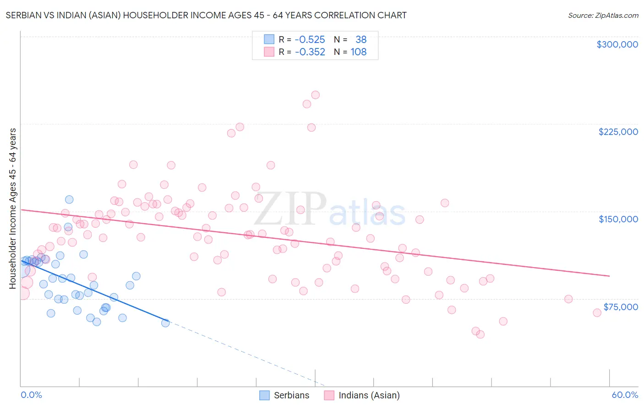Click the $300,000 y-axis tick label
point(617,44)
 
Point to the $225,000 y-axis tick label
point(618,132)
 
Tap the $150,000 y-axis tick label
point(618,219)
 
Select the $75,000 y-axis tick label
point(620,307)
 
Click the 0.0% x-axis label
point(31,395)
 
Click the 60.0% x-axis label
point(625,395)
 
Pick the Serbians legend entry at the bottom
point(284,395)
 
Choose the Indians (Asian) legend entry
point(362,395)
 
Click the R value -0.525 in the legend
point(310,39)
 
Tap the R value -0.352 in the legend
point(310,52)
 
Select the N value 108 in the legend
point(359,52)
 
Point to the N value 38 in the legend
point(361,39)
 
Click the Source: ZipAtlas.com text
point(603,15)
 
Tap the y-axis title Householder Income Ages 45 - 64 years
point(12,209)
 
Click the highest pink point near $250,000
point(315,95)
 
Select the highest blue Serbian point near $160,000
point(69,199)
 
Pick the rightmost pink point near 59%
point(597,313)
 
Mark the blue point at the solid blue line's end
point(165,323)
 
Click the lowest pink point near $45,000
point(480,334)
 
